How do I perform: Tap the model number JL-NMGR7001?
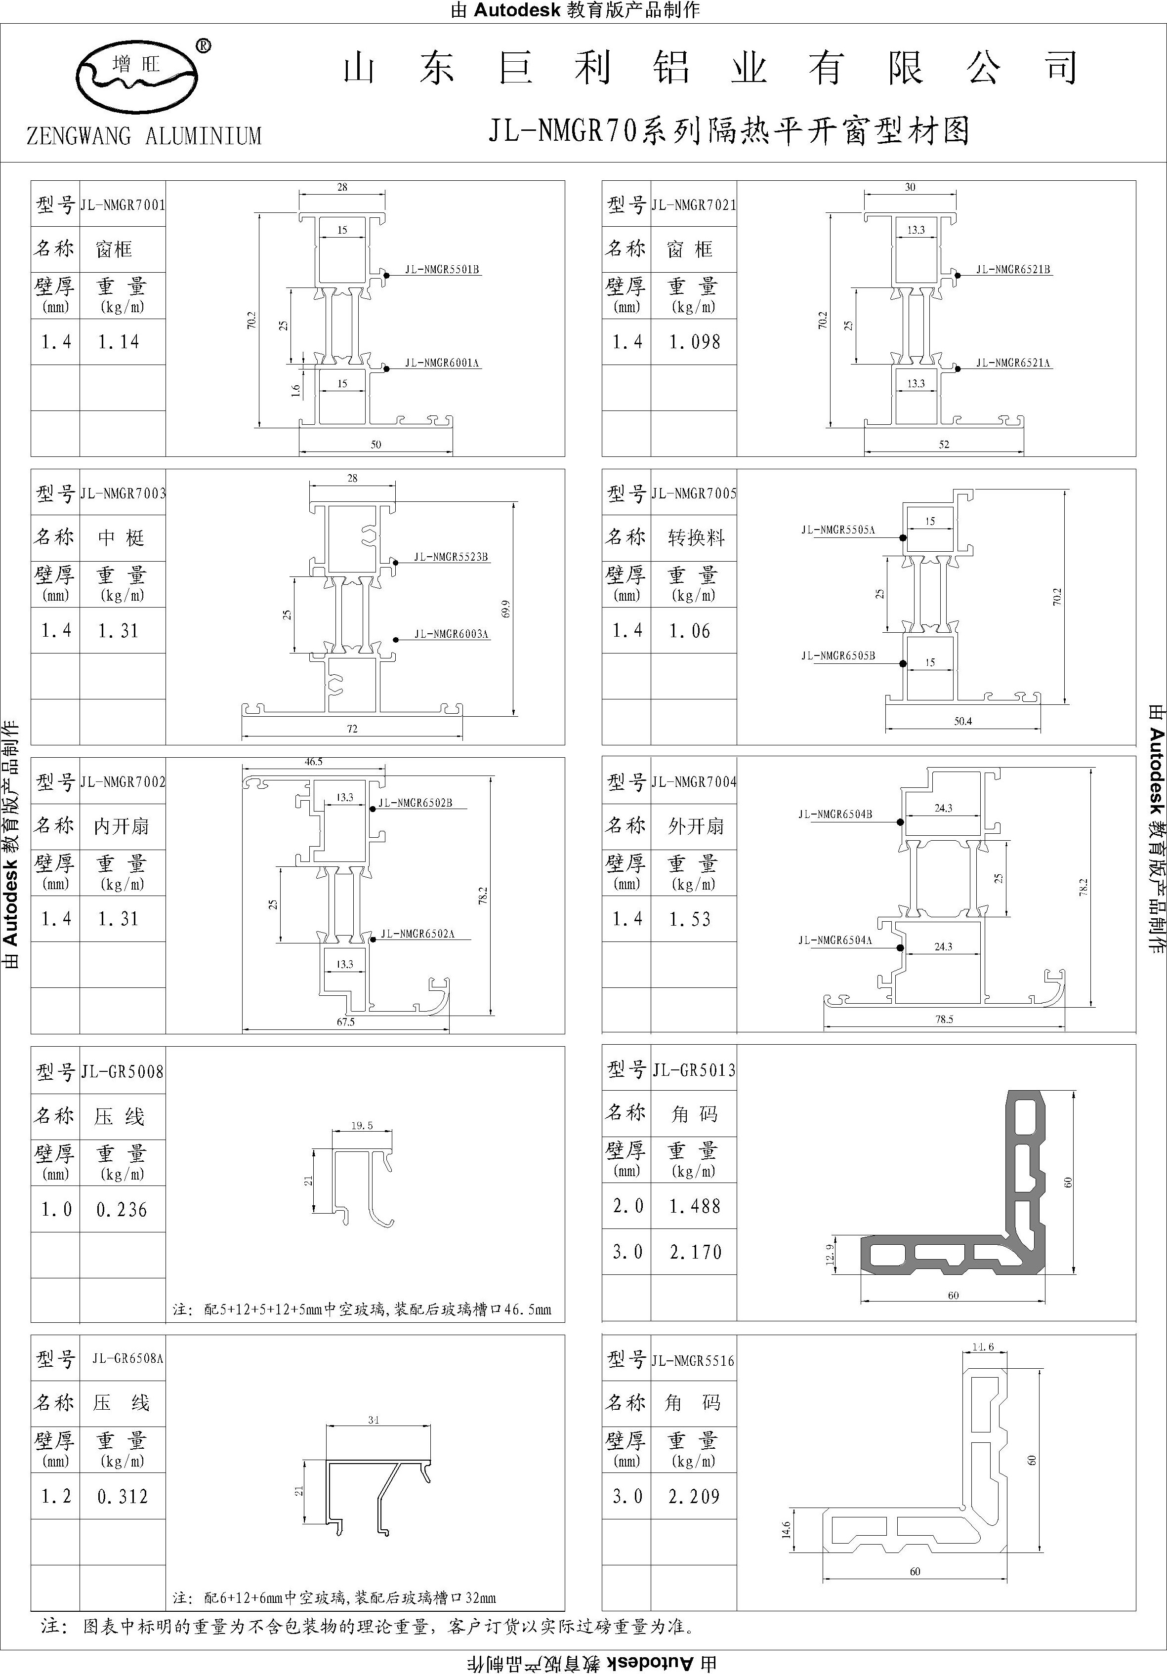[x=123, y=205]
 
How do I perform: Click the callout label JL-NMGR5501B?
[x=442, y=270]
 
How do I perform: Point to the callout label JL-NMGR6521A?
[x=1013, y=363]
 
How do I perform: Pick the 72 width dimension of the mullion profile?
[x=352, y=729]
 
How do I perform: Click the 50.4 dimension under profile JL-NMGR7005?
[x=963, y=721]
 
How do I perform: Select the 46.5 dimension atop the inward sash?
[x=314, y=761]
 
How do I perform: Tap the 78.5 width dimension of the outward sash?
[x=945, y=1020]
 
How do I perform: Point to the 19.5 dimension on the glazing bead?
[x=362, y=1125]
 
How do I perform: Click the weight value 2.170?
[x=696, y=1252]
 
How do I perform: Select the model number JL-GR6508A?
[x=127, y=1358]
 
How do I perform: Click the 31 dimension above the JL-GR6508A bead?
[x=374, y=1420]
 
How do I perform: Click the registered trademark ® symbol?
[x=204, y=46]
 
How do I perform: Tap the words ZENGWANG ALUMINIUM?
[x=144, y=136]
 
